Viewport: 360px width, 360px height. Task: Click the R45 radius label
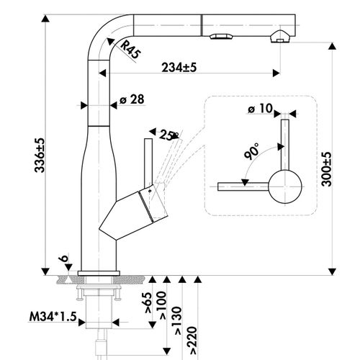[130, 50]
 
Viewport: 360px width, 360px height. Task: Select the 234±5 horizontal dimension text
[179, 68]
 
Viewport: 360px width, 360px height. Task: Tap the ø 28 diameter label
[132, 99]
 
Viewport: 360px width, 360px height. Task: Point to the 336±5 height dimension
[40, 155]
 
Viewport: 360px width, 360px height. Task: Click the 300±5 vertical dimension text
[326, 169]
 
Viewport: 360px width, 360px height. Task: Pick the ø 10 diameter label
[261, 109]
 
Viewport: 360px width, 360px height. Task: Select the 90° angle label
[252, 151]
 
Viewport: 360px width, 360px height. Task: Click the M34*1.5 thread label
[53, 317]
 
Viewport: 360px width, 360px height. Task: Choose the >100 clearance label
[161, 305]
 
